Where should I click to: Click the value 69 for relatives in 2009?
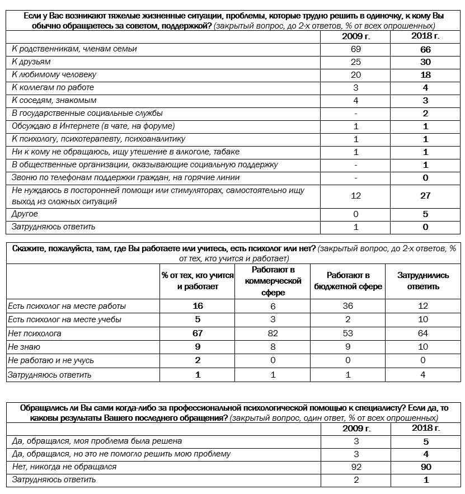tap(356, 49)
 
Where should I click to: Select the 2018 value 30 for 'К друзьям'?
tap(425, 62)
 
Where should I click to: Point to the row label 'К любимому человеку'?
tap(54, 74)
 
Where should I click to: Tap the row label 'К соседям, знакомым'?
tap(54, 100)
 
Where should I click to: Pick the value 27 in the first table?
tap(425, 196)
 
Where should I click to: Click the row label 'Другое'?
tap(25, 214)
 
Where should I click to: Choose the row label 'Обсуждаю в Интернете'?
tap(93, 126)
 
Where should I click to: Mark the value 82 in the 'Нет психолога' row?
tap(273, 333)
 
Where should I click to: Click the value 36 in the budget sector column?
tap(347, 306)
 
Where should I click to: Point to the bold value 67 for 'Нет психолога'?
tap(197, 333)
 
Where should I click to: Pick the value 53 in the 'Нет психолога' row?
tap(347, 333)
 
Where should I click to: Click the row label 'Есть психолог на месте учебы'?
tap(64, 319)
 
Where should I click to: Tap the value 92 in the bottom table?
tap(356, 467)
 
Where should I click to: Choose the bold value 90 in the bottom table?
tap(425, 467)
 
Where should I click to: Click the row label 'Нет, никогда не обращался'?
tap(64, 467)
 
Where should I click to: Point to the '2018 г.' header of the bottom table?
tap(425, 429)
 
